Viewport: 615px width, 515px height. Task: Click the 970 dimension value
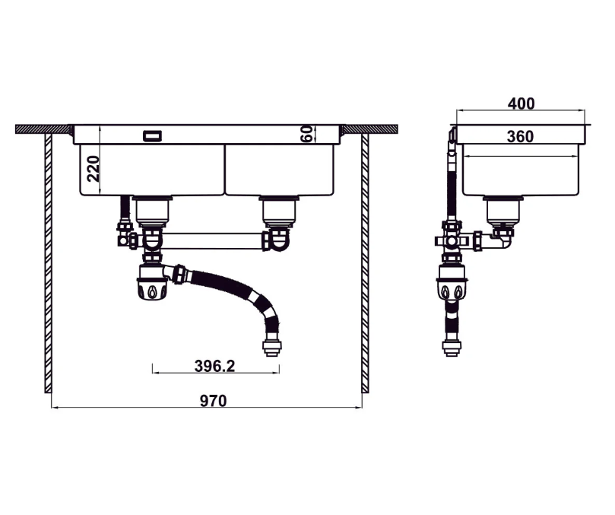[x=213, y=401]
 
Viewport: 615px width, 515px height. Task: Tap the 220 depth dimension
[x=93, y=168]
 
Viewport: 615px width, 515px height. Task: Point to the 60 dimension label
[x=306, y=135]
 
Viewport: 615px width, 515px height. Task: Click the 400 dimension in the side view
[x=521, y=103]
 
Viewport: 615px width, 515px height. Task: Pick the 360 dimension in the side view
[x=520, y=137]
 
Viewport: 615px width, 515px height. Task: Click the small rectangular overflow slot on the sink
[x=152, y=135]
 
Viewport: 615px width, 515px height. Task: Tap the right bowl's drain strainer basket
[x=280, y=208]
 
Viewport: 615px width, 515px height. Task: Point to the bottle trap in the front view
[x=153, y=285]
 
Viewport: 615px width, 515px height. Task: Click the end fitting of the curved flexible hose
[x=271, y=348]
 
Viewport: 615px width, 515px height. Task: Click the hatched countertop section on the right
[x=372, y=129]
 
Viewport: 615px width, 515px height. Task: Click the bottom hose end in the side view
[x=452, y=348]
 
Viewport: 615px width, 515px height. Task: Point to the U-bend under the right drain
[x=278, y=240]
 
